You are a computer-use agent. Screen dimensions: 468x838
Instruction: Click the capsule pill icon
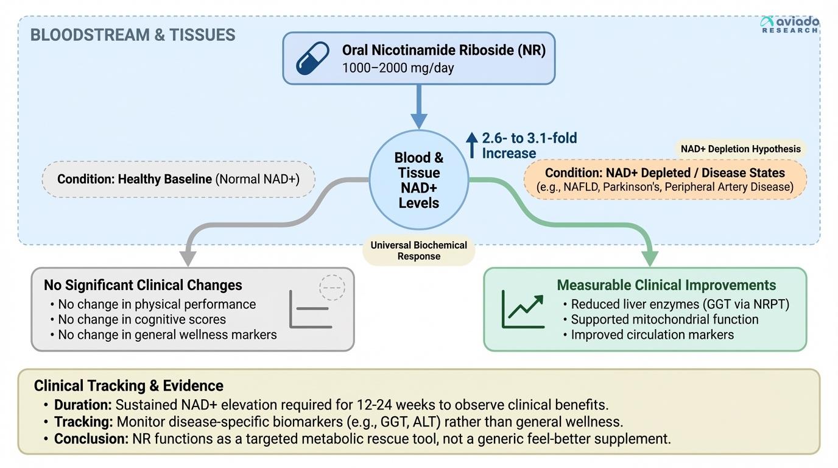312,58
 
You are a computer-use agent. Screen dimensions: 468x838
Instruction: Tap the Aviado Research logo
789,24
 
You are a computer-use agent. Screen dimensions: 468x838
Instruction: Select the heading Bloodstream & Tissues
133,35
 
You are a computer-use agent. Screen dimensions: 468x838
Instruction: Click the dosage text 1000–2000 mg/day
398,68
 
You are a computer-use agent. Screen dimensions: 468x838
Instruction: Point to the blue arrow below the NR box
418,106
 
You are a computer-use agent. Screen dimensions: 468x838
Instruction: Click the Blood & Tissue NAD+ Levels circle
418,180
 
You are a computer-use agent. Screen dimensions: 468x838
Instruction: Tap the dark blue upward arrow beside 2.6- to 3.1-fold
472,145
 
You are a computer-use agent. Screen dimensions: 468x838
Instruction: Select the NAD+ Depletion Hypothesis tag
741,149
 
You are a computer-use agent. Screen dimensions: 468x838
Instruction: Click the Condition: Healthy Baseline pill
178,179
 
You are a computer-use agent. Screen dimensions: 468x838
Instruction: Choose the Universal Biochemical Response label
418,250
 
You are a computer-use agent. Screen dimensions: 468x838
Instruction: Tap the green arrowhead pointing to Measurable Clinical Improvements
650,258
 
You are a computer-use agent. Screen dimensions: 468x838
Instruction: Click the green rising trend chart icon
523,309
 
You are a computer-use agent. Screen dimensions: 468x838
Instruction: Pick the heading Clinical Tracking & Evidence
129,386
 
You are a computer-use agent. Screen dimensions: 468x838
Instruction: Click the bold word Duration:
83,405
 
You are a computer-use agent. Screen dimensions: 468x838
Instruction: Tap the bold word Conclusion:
91,439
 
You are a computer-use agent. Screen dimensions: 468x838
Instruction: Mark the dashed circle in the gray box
332,287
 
